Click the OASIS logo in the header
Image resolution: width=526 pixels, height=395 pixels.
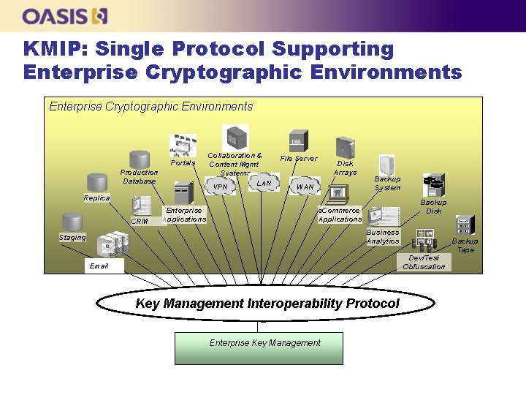[65, 15]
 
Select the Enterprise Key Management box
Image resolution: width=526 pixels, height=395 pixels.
[264, 347]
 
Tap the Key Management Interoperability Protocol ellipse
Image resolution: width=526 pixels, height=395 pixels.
[267, 304]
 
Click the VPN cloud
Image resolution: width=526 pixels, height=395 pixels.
[221, 187]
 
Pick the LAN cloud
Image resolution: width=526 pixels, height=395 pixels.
[264, 183]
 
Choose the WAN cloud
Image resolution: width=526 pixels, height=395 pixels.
[305, 187]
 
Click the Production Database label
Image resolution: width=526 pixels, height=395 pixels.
[139, 176]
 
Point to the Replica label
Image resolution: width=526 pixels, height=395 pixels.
[96, 198]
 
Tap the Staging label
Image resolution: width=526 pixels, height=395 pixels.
[72, 237]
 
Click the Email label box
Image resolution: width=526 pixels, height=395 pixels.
[99, 266]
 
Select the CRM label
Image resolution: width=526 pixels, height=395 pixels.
[139, 221]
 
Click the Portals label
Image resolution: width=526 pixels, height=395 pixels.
[183, 163]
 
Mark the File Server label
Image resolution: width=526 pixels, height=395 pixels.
[299, 158]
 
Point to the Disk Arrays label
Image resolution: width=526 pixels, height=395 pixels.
[345, 168]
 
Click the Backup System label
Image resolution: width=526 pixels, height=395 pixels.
[387, 183]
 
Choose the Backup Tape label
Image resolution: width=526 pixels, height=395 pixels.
[465, 245]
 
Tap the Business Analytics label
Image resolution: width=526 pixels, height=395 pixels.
[383, 236]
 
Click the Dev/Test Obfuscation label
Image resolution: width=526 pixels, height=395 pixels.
[424, 262]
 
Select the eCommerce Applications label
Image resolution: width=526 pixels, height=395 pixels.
[340, 214]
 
